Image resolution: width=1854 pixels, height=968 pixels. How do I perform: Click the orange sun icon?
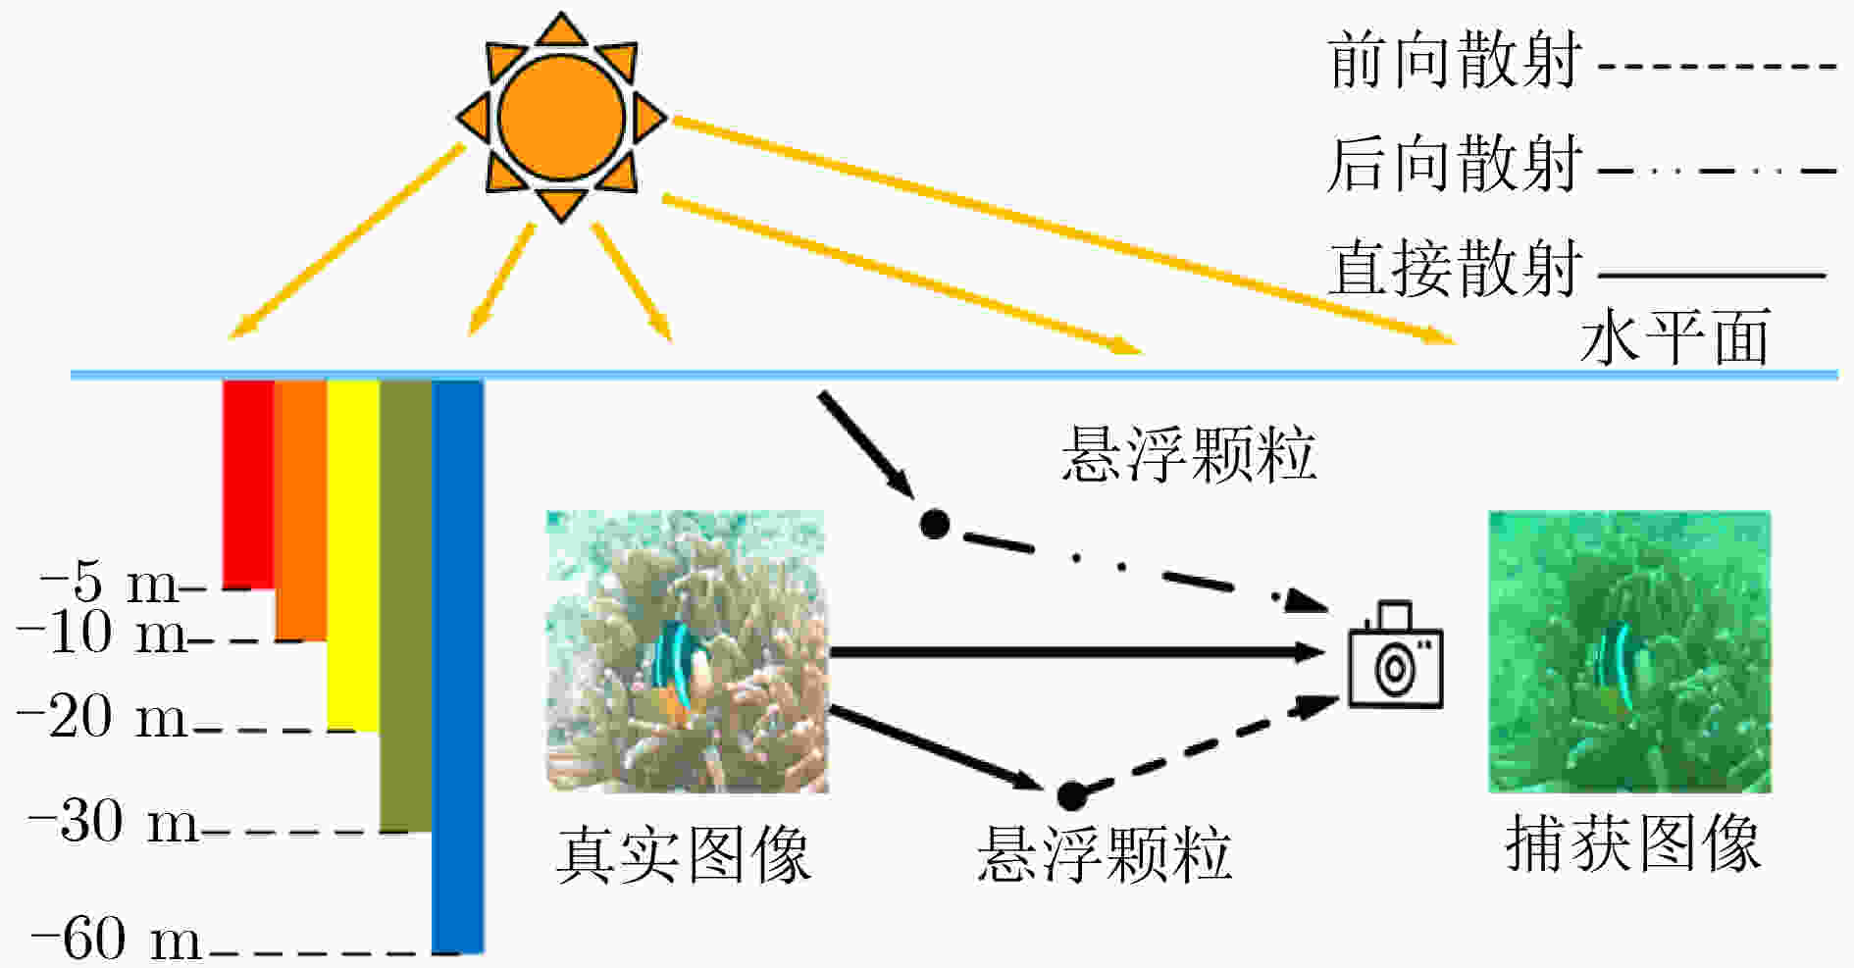(561, 117)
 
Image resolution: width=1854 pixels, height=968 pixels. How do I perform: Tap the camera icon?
(1395, 654)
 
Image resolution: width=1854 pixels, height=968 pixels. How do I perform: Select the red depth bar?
(248, 484)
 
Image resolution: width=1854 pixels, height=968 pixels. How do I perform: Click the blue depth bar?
(458, 667)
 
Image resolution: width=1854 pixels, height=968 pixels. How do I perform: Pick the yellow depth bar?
(353, 555)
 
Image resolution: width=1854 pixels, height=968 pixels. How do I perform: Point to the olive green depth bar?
(405, 606)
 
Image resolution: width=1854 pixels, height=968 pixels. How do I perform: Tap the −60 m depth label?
(117, 939)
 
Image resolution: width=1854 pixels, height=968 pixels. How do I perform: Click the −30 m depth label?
(114, 821)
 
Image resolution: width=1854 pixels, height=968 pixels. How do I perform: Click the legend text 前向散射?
(1454, 61)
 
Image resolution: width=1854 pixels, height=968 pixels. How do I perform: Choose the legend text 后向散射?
(1454, 164)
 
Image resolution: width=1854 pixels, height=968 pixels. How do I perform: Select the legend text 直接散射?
(1454, 268)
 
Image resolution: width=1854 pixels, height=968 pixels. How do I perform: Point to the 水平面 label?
(1675, 336)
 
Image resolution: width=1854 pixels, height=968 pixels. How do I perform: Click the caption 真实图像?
(684, 855)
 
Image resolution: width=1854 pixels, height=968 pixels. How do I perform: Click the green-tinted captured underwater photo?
(1629, 652)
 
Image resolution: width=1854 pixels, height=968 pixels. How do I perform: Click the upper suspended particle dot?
(935, 525)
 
